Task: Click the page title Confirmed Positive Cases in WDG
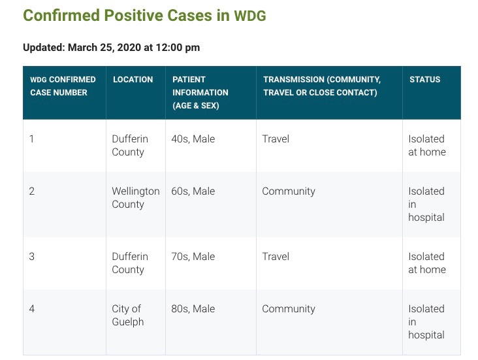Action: tap(144, 16)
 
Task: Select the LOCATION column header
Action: tap(133, 80)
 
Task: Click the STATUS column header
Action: tap(424, 80)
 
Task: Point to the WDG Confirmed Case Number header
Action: tap(63, 86)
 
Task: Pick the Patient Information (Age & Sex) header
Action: tap(200, 92)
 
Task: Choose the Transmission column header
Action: tap(322, 86)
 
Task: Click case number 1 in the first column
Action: tap(31, 139)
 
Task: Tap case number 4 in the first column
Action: tap(32, 309)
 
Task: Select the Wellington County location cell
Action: tap(136, 198)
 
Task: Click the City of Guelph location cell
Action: tap(128, 315)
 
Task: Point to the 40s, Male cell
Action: tap(193, 139)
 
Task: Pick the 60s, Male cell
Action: tap(193, 191)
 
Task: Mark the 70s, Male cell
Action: tap(193, 257)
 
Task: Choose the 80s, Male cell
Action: tap(193, 309)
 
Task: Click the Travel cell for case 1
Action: tap(276, 139)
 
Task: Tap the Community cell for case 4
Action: tap(289, 309)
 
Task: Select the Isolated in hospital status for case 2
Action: tap(426, 204)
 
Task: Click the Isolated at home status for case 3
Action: tap(427, 263)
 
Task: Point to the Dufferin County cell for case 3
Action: tap(130, 263)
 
